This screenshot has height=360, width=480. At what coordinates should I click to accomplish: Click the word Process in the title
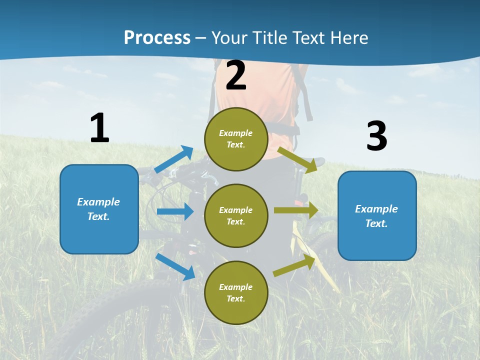click(x=157, y=38)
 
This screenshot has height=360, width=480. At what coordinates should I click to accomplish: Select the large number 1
click(x=99, y=128)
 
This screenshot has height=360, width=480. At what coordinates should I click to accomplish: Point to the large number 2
click(x=236, y=76)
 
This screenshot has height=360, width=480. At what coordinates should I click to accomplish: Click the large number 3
click(x=376, y=136)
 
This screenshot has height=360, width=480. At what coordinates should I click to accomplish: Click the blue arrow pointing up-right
click(x=174, y=159)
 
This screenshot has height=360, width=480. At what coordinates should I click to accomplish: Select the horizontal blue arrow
click(x=175, y=211)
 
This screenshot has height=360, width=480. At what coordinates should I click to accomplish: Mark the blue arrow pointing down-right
click(x=175, y=266)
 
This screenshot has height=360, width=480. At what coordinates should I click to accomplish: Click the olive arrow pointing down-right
click(x=297, y=159)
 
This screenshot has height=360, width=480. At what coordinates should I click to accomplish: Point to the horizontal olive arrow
click(x=296, y=210)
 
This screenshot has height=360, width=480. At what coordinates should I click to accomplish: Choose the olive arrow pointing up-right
click(x=294, y=265)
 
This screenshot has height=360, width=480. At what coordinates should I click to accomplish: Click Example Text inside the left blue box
click(x=98, y=209)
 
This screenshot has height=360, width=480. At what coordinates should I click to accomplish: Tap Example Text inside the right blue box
click(x=376, y=216)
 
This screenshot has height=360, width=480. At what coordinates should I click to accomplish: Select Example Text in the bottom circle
click(x=235, y=292)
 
